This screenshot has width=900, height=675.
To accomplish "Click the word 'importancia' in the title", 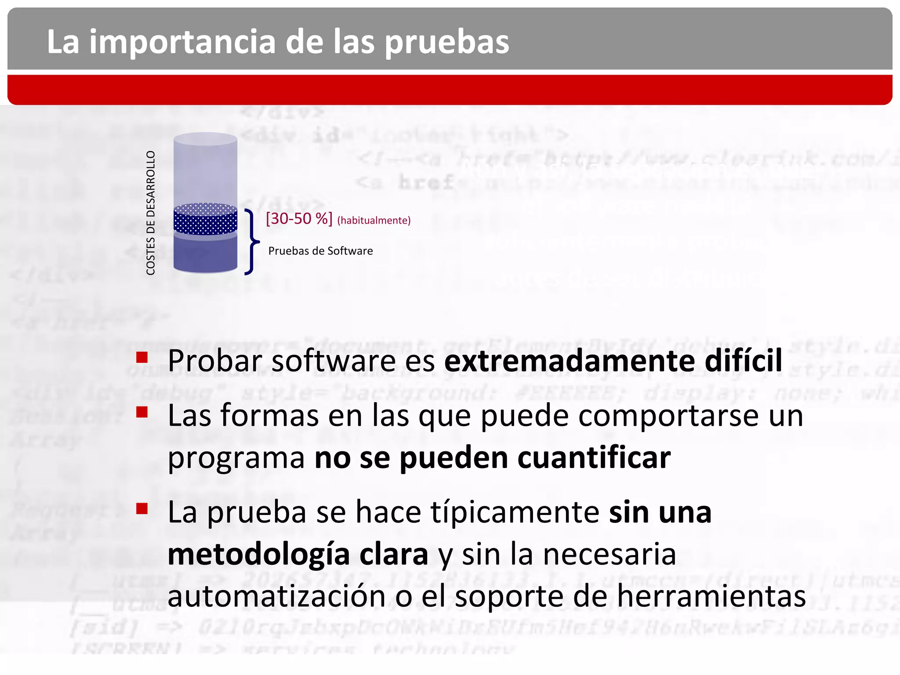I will pyautogui.click(x=182, y=42).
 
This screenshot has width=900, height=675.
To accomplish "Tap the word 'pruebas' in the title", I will pyautogui.click(x=447, y=42).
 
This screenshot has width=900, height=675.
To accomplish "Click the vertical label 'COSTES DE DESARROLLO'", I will pyautogui.click(x=151, y=213).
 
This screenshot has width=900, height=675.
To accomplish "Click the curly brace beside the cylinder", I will pyautogui.click(x=251, y=242).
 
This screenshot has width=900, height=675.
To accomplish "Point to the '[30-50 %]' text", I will pyautogui.click(x=299, y=218).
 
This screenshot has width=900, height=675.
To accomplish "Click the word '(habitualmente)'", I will pyautogui.click(x=374, y=220).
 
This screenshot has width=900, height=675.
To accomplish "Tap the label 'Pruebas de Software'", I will pyautogui.click(x=320, y=251).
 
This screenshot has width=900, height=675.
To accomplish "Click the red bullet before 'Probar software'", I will pyautogui.click(x=142, y=357).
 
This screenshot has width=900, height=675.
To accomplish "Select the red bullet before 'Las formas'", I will pyautogui.click(x=142, y=412).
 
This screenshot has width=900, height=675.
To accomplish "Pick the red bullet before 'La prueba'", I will pyautogui.click(x=142, y=509).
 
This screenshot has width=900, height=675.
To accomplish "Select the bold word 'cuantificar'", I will pyautogui.click(x=594, y=457).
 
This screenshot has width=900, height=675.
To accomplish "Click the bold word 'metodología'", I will pyautogui.click(x=258, y=555).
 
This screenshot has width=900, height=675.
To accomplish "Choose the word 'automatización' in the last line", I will pyautogui.click(x=276, y=596).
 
